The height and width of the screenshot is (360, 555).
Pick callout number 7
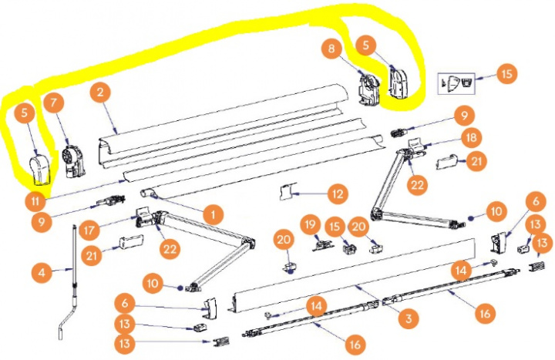pos(54,102)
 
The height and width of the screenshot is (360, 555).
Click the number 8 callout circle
pos(331,49)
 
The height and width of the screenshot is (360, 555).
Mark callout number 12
pos(335,192)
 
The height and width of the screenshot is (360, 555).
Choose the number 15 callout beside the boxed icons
pos(506,73)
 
